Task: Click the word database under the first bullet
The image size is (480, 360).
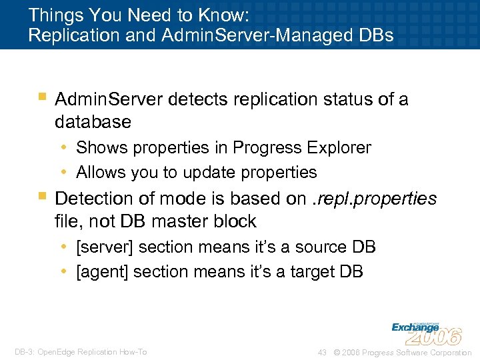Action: [x=93, y=122]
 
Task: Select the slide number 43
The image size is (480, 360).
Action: [x=322, y=352]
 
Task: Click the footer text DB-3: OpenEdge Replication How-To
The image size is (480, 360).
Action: [x=81, y=352]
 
